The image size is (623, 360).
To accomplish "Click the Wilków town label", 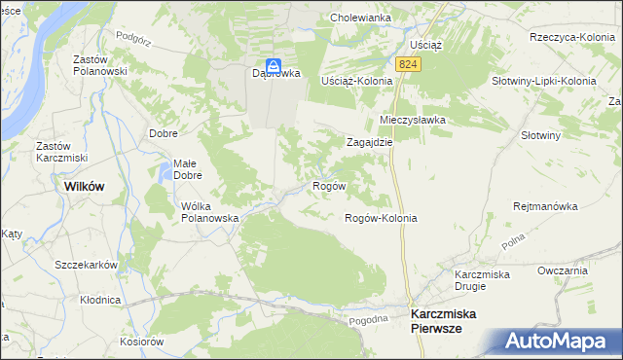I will [84, 186].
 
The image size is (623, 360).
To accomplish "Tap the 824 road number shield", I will [409, 63].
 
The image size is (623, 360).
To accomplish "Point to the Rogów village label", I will [328, 185].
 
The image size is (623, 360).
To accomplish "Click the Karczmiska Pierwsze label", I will [449, 322].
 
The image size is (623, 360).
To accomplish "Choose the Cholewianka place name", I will [360, 18].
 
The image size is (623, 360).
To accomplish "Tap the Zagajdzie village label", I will [370, 141].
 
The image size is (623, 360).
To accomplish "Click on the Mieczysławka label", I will [412, 120].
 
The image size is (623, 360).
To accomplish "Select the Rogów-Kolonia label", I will [382, 218].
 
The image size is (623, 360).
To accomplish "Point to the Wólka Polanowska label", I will [210, 212].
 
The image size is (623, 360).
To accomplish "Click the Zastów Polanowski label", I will [101, 65].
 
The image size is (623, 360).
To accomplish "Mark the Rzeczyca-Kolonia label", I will [570, 37].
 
